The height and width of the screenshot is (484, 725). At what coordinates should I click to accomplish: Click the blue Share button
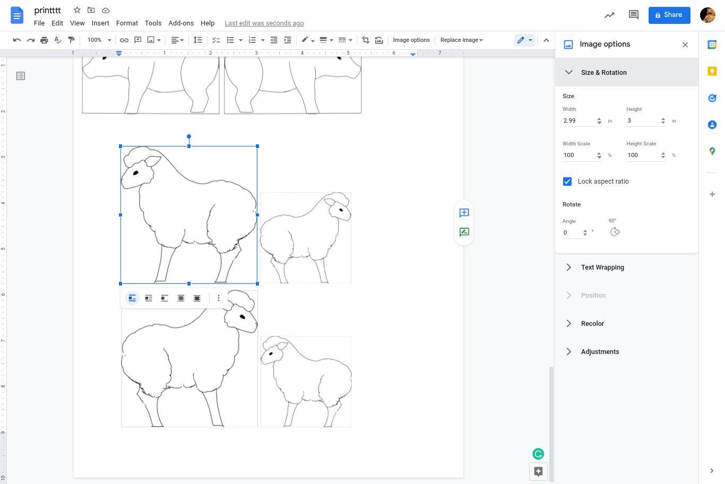coord(669,15)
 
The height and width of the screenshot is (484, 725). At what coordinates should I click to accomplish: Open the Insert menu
coord(100,23)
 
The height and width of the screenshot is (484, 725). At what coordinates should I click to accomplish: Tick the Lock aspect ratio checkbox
coord(567,181)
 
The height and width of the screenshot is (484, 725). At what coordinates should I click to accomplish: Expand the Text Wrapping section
coord(602,267)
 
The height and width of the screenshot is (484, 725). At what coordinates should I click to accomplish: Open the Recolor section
coord(592,324)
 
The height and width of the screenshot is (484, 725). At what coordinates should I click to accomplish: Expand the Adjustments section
coord(600,352)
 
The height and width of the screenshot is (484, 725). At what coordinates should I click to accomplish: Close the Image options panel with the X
coord(685,45)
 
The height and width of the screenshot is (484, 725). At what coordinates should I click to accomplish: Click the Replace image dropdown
coord(462,40)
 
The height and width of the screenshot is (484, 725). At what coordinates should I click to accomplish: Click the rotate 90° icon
coord(615,232)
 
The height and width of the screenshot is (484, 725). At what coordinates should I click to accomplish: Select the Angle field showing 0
coord(572,232)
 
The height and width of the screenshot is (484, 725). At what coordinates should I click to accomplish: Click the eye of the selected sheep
coord(136,173)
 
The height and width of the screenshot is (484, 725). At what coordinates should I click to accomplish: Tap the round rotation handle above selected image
coord(189,136)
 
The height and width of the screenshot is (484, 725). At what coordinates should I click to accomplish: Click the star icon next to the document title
coord(77,11)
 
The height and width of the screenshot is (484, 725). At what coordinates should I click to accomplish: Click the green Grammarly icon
coord(538,454)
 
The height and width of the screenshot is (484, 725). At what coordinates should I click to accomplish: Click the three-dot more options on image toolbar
coord(219,298)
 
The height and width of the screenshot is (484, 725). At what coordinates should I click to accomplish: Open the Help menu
coord(208,23)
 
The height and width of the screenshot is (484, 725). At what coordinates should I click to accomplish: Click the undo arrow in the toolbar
coord(17,40)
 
